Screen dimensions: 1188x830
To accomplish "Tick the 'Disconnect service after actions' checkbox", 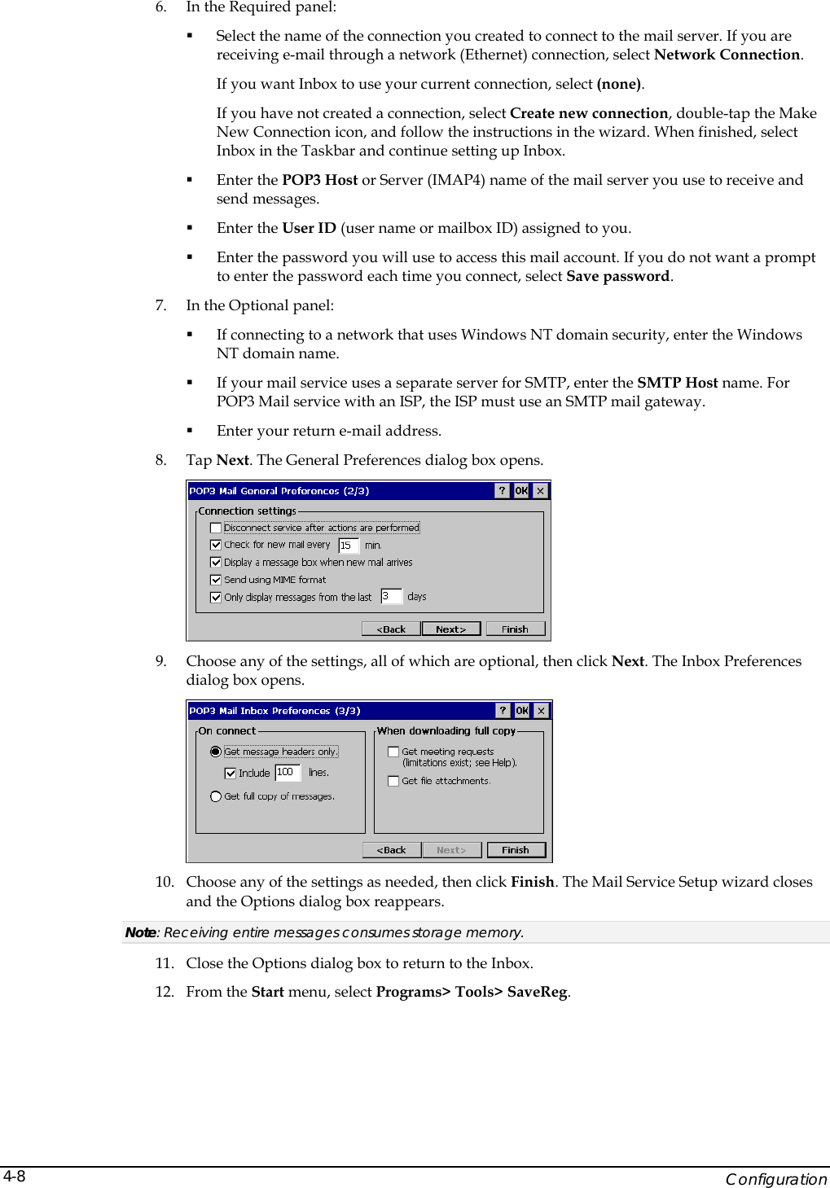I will (216, 528).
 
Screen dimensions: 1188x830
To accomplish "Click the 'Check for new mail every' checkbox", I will (216, 545).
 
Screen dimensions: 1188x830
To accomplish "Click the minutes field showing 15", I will (348, 546).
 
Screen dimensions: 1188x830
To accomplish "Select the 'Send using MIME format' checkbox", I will (216, 580).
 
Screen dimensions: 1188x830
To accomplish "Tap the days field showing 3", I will (391, 597).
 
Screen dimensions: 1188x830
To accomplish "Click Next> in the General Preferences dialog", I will (450, 629).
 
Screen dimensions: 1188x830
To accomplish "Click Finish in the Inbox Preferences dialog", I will (515, 850).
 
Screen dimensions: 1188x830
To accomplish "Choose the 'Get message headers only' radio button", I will (216, 752).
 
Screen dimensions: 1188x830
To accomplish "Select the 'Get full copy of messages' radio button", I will (216, 796).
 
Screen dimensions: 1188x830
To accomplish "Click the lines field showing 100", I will (288, 773).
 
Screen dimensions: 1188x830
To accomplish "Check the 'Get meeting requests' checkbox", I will (393, 752).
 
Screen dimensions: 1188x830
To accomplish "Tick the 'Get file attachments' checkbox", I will (393, 781).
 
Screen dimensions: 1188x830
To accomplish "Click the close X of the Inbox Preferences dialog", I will (541, 711).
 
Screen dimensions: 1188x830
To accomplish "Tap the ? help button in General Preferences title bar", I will (502, 491).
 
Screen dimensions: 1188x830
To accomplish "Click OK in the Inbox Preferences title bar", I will (522, 711).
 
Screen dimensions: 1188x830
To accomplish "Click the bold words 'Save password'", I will (617, 276).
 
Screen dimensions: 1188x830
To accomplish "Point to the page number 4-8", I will (15, 1177).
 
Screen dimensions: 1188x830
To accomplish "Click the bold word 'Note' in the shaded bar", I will (140, 932).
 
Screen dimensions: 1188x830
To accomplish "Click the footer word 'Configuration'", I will (775, 1179).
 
